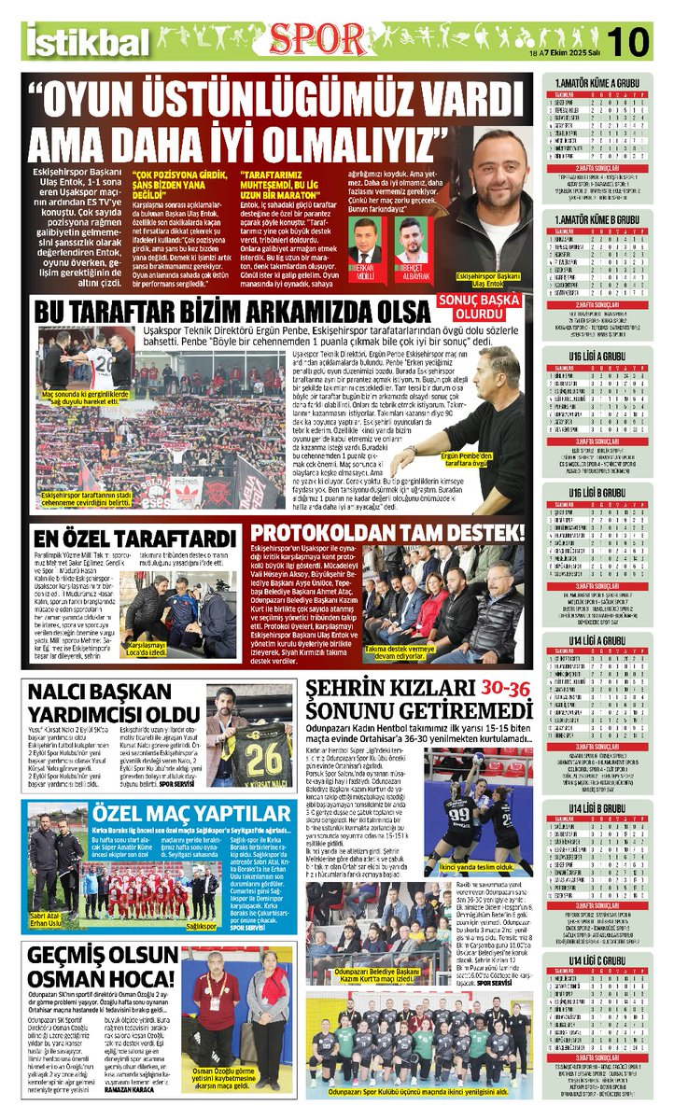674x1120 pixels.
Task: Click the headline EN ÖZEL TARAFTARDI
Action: (x=134, y=539)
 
